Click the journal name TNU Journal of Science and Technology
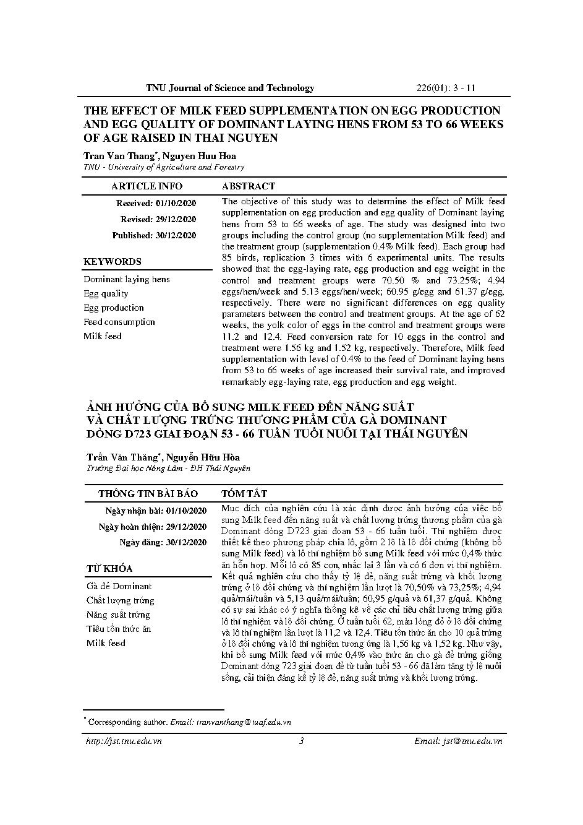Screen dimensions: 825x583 [x=230, y=88]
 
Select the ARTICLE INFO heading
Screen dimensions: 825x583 [x=147, y=186]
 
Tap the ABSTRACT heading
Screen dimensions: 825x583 [x=249, y=186]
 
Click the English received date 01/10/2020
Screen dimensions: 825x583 [x=176, y=203]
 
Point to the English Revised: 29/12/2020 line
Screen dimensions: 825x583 [x=158, y=219]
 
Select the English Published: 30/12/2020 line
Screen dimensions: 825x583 [x=154, y=235]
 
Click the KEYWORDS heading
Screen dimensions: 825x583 [x=113, y=262]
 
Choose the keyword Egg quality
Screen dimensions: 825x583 [x=106, y=293]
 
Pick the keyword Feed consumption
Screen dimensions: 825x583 [x=119, y=322]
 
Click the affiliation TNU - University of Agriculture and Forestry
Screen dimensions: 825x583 [x=164, y=167]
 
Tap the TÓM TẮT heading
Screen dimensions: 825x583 [x=244, y=494]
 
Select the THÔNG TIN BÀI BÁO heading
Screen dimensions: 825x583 [x=148, y=494]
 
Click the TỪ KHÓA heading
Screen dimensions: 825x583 [x=109, y=569]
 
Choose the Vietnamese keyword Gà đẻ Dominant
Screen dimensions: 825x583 [x=119, y=586]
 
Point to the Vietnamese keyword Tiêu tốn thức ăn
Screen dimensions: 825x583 [x=119, y=629]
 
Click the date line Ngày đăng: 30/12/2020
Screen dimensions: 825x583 [x=163, y=543]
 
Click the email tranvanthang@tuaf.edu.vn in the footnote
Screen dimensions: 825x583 [x=244, y=722]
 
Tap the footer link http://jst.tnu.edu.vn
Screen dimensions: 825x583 [x=123, y=741]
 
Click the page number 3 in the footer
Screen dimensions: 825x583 [x=301, y=741]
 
